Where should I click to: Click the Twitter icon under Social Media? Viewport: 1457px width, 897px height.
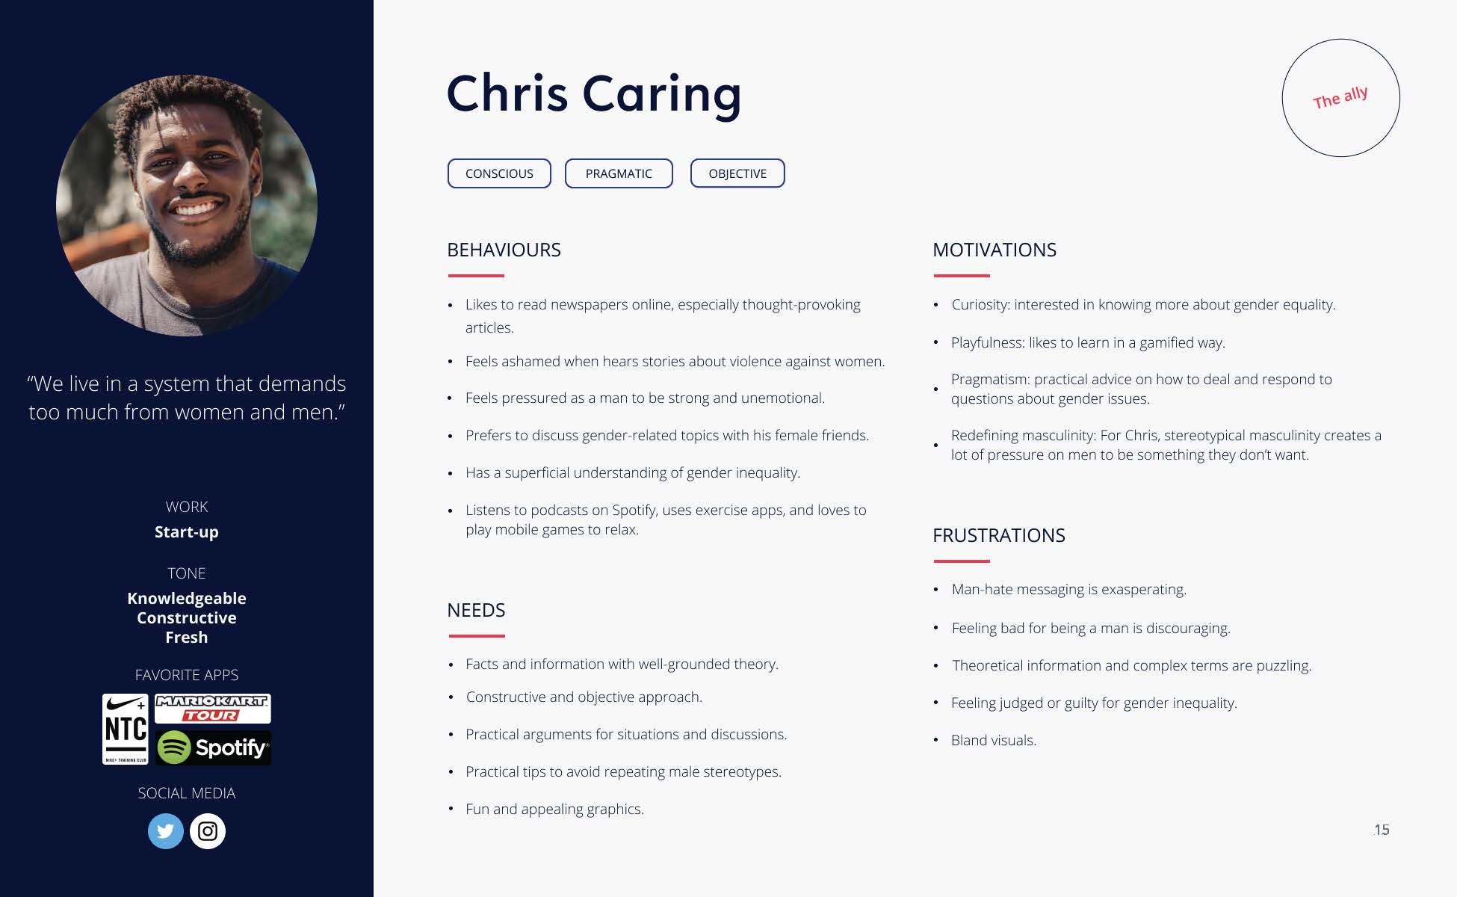pyautogui.click(x=166, y=831)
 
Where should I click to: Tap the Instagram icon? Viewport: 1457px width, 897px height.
pyautogui.click(x=208, y=831)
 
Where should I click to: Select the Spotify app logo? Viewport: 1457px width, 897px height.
pyautogui.click(x=214, y=747)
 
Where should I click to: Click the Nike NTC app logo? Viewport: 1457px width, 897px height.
pyautogui.click(x=126, y=729)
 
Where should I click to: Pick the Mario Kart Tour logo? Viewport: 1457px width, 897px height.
pyautogui.click(x=213, y=709)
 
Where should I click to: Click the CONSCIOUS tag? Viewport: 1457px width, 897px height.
pyautogui.click(x=499, y=173)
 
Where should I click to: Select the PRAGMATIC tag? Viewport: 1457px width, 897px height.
pyautogui.click(x=619, y=173)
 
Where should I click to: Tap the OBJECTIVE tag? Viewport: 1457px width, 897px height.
pyautogui.click(x=737, y=173)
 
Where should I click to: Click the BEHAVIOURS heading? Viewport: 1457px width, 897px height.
pyautogui.click(x=504, y=250)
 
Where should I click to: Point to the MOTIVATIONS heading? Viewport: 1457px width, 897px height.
pyautogui.click(x=994, y=250)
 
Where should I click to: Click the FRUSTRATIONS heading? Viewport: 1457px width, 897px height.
pyautogui.click(x=999, y=535)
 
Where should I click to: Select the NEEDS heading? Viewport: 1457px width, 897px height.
pyautogui.click(x=476, y=610)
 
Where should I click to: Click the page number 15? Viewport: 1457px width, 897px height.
pyautogui.click(x=1382, y=830)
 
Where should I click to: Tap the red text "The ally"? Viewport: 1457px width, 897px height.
pyautogui.click(x=1340, y=98)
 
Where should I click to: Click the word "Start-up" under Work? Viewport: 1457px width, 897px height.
pyautogui.click(x=187, y=532)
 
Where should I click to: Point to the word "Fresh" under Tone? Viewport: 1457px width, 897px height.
pyautogui.click(x=187, y=638)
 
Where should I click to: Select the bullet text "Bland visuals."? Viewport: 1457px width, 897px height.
pyautogui.click(x=994, y=740)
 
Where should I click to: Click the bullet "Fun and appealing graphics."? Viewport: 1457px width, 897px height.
pyautogui.click(x=554, y=809)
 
